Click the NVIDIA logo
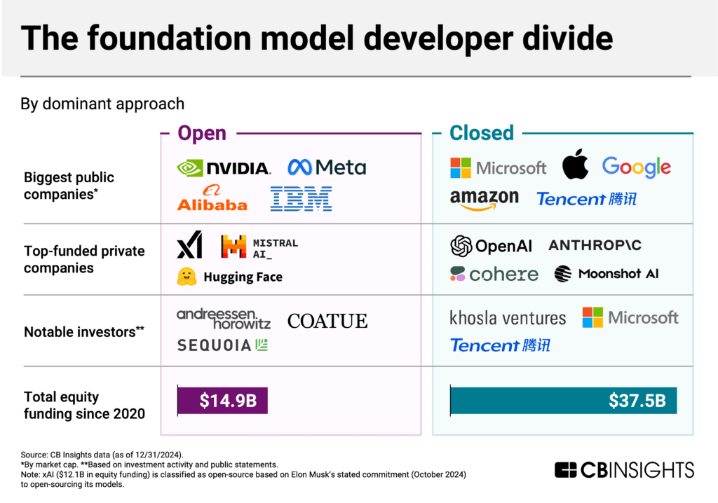223,168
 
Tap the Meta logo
327,167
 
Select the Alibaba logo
212,199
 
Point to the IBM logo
301,199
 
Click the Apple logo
574,165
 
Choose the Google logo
636,167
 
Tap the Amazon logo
484,200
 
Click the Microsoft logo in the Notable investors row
630,317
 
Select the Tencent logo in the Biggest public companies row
586,199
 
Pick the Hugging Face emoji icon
187,277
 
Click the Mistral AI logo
259,247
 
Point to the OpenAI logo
491,246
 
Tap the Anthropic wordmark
595,245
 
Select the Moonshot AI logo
607,274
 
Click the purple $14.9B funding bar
222,401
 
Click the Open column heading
202,133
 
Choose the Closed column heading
482,133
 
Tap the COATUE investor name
327,321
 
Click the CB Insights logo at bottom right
624,469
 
